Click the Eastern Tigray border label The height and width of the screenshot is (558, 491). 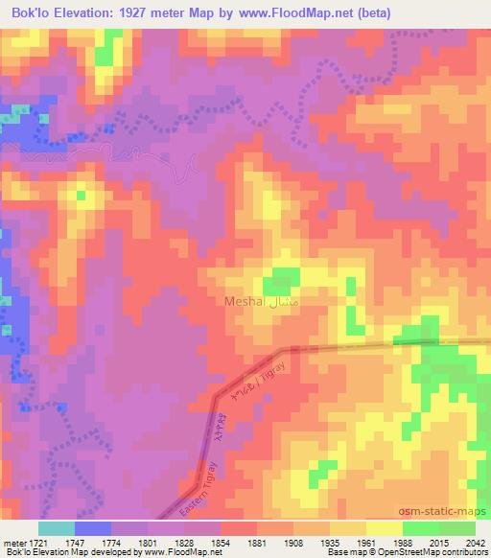coord(202,471)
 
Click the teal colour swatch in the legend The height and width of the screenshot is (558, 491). coord(57,527)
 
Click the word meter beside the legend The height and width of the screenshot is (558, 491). coord(14,544)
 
